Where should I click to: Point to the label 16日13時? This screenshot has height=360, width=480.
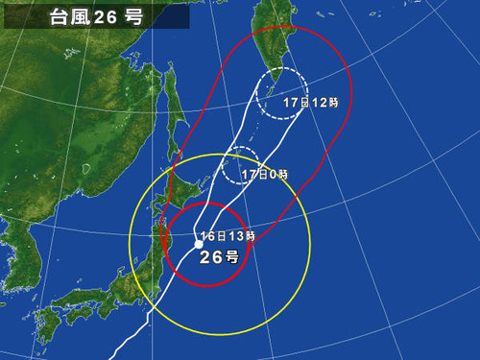tap(228, 236)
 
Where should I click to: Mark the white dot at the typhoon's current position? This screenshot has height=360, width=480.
tap(199, 244)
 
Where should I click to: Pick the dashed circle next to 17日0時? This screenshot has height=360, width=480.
tap(243, 166)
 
